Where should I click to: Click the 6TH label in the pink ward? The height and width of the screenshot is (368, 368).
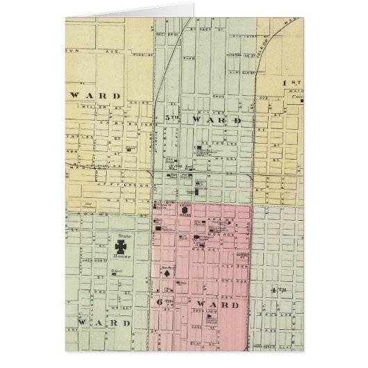tap(159, 303)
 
